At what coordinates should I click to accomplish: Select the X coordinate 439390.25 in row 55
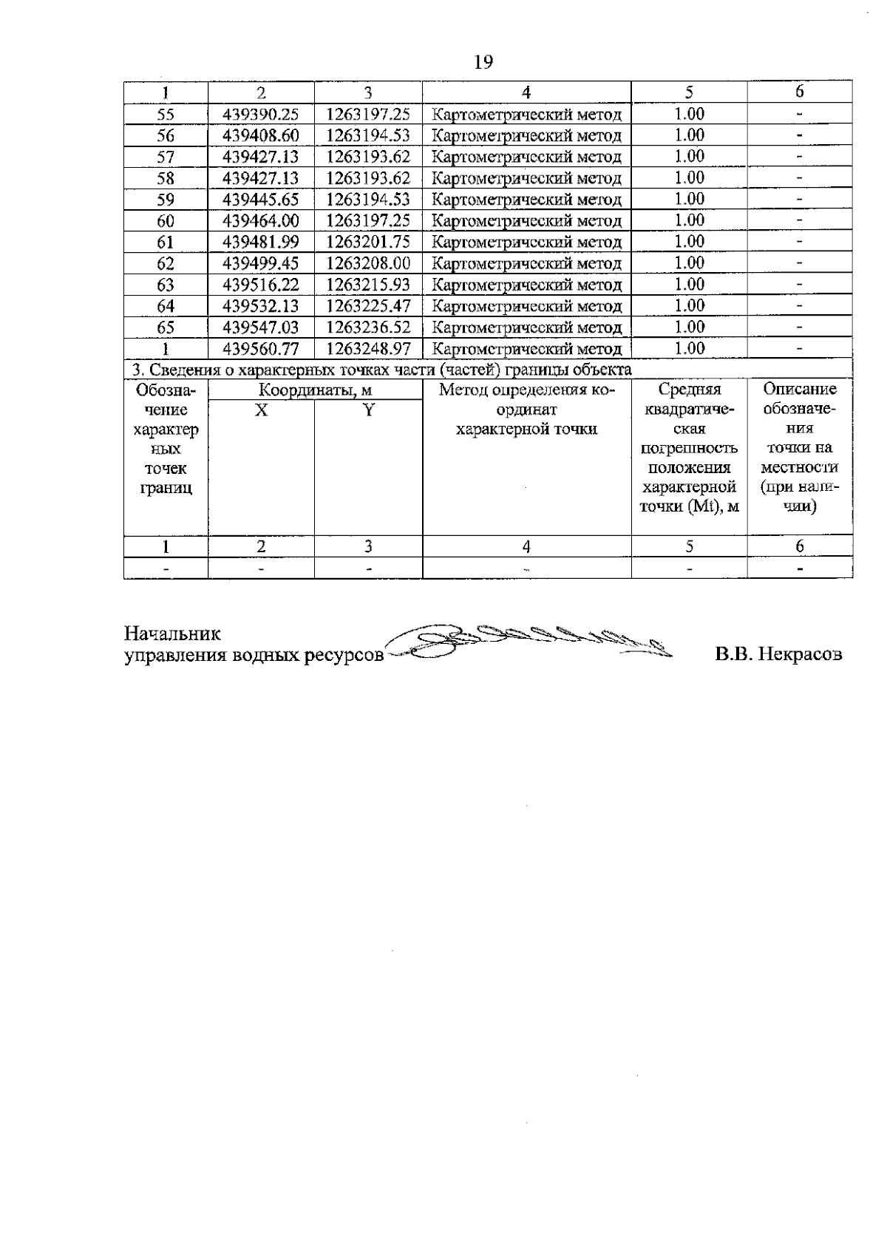tap(261, 115)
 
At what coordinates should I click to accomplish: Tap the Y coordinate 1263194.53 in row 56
tap(368, 136)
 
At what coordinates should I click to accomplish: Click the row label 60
tap(166, 221)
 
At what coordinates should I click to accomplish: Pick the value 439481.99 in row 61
tap(261, 242)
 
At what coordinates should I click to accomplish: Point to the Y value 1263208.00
tap(368, 264)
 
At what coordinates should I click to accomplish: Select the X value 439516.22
tap(261, 285)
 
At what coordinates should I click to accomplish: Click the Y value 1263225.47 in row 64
tap(368, 306)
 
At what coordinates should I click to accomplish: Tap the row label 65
tap(166, 327)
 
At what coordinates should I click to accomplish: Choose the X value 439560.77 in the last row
tap(261, 349)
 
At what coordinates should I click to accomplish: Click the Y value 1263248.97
tap(368, 349)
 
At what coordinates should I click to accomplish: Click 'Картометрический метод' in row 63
tap(526, 285)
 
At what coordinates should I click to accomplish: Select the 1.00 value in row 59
tap(689, 200)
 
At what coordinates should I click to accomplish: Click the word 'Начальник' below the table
tap(172, 634)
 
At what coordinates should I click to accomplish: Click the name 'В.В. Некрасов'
tap(778, 655)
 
